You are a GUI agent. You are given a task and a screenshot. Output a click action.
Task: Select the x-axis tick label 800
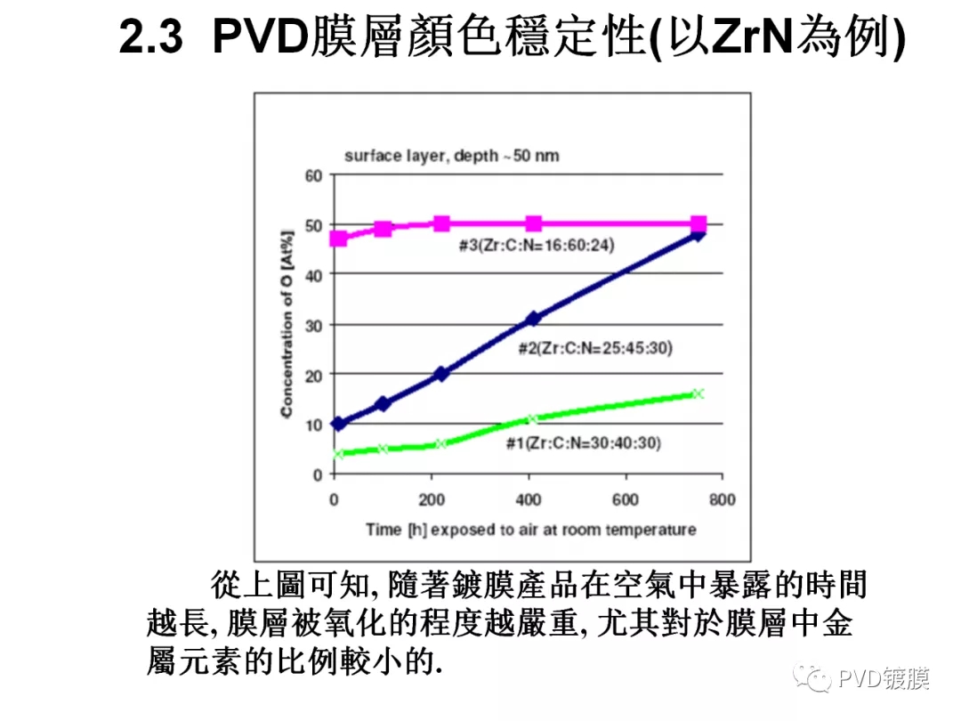(723, 500)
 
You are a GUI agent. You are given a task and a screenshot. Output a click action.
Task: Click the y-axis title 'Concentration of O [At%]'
(287, 325)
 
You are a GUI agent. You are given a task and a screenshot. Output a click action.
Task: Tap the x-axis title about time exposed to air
(530, 530)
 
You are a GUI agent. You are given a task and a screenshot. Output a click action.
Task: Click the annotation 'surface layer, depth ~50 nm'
(451, 156)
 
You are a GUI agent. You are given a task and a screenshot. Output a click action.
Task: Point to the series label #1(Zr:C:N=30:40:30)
(584, 442)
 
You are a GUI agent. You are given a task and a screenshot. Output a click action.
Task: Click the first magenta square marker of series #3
(338, 239)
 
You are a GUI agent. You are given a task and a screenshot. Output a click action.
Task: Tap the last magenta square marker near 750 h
(699, 223)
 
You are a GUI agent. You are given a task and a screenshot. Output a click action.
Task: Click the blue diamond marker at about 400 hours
(534, 318)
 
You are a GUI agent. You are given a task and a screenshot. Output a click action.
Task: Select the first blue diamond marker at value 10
(338, 424)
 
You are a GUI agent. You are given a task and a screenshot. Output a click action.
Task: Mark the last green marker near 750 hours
(699, 393)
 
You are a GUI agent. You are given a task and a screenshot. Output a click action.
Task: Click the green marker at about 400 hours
(532, 418)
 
